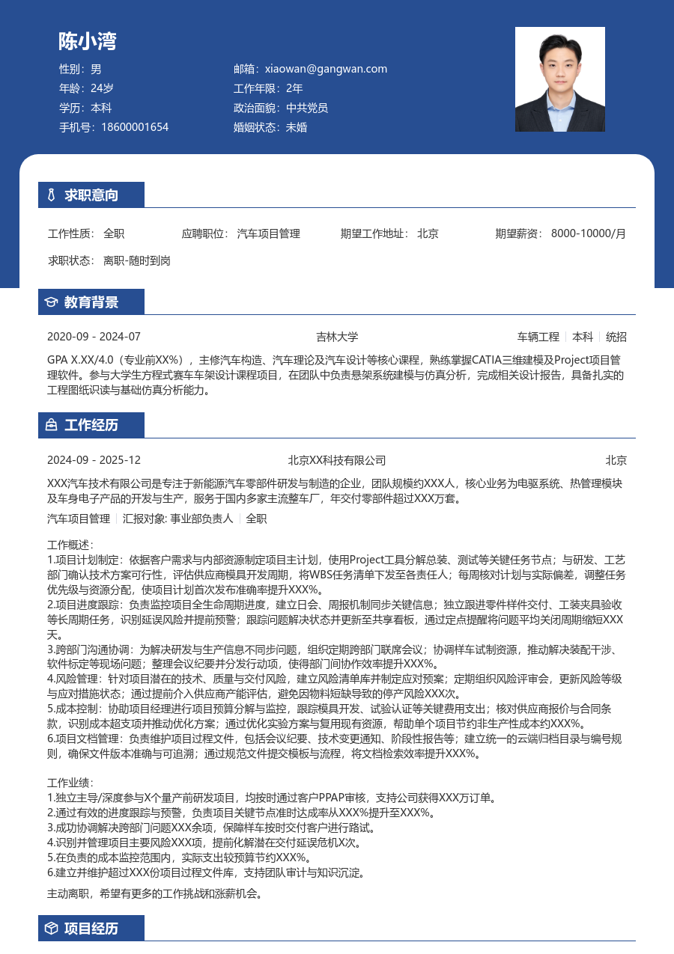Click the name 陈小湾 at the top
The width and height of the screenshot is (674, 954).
pyautogui.click(x=88, y=41)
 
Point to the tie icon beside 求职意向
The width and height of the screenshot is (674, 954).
pyautogui.click(x=51, y=196)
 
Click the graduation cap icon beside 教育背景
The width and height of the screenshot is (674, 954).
pyautogui.click(x=51, y=302)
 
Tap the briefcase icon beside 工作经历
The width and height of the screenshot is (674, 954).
pyautogui.click(x=51, y=426)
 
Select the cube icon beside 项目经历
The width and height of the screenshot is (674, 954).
pyautogui.click(x=51, y=929)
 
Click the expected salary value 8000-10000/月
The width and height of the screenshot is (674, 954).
pyautogui.click(x=589, y=233)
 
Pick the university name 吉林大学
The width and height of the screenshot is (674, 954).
pyautogui.click(x=337, y=337)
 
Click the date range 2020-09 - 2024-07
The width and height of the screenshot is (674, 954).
pyautogui.click(x=94, y=337)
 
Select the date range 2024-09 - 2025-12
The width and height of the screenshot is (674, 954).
pyautogui.click(x=94, y=460)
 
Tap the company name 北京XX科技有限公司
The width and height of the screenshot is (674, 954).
pyautogui.click(x=337, y=460)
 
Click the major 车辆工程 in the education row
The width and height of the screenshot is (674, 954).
pyautogui.click(x=538, y=337)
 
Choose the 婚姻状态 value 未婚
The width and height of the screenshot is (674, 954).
pyautogui.click(x=297, y=127)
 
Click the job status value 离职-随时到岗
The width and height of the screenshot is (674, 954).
pyautogui.click(x=137, y=261)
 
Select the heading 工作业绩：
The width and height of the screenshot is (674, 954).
pyautogui.click(x=70, y=783)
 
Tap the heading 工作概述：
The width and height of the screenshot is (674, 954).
pyautogui.click(x=70, y=545)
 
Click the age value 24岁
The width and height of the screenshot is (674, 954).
pyautogui.click(x=102, y=88)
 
